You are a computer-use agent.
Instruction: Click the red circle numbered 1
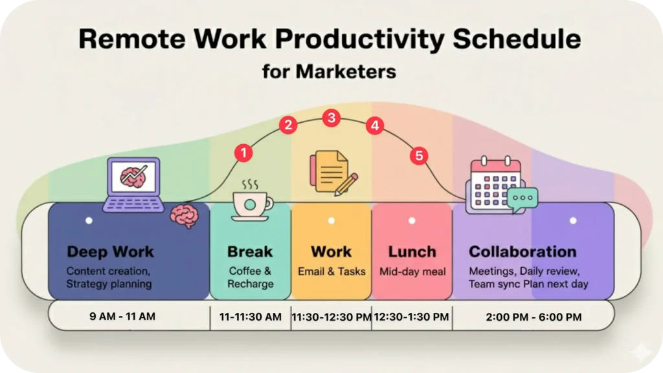pos(243,153)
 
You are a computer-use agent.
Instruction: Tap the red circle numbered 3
pos(331,118)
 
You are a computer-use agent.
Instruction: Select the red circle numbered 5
pos(419,156)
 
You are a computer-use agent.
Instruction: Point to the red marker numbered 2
pos(288,125)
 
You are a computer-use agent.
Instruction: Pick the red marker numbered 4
pos(375,125)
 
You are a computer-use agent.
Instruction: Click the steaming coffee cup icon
pos(252,201)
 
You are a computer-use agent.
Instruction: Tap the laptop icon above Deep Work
pos(133,184)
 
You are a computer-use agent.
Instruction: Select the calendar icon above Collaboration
pos(495,185)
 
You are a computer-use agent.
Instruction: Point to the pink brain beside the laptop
pos(185,216)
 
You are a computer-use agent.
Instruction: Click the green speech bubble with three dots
pos(523,199)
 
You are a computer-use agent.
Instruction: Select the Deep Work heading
pos(110,252)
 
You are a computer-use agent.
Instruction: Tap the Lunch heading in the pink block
pos(412,252)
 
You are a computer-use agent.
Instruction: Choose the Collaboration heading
pos(523,252)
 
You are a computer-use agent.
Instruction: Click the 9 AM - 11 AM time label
pos(122,317)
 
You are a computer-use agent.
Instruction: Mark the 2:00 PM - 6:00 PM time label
pos(534,317)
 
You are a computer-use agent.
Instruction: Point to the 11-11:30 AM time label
pos(251,317)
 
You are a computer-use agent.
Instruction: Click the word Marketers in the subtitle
pos(346,71)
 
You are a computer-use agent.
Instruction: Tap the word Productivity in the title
pos(360,39)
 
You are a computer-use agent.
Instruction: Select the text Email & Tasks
pos(331,272)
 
